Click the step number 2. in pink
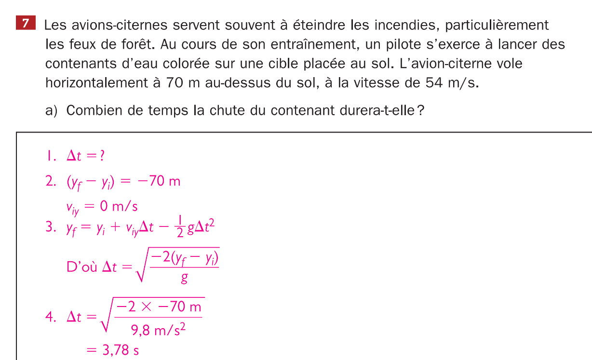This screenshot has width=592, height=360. pos(51,181)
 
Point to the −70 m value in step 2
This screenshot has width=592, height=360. pos(159,181)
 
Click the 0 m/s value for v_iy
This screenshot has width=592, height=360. pos(119,207)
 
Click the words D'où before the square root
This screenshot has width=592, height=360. pos(81,267)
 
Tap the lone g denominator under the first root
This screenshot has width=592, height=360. pos(184,279)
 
